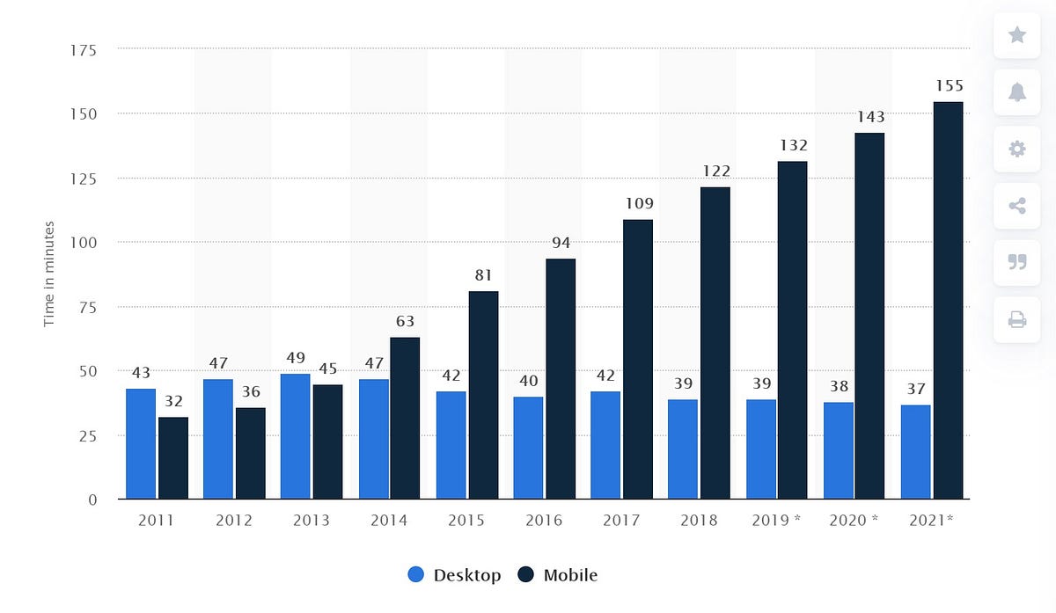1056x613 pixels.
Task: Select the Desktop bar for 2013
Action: (296, 437)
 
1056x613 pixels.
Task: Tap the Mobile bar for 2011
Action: (172, 458)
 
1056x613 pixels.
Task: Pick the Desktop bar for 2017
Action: (605, 446)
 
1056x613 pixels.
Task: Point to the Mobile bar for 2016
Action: (561, 379)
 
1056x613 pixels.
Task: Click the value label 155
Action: (949, 86)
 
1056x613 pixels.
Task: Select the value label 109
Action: (638, 204)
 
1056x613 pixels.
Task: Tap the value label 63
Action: (405, 321)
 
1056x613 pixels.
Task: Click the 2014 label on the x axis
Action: (389, 521)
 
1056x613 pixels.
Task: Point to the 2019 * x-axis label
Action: (776, 521)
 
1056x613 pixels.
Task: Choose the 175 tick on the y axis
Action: (84, 50)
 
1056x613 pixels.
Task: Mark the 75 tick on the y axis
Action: (88, 307)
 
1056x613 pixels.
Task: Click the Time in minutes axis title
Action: (49, 274)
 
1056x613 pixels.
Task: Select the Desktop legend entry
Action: (455, 575)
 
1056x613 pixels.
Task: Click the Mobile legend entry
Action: (558, 575)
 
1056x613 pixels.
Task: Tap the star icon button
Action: (1017, 35)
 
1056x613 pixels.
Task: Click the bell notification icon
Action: (1017, 92)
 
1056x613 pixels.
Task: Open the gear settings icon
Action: (1017, 150)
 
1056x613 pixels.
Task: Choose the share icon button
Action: (1017, 207)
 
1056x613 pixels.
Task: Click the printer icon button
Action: (1017, 319)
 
